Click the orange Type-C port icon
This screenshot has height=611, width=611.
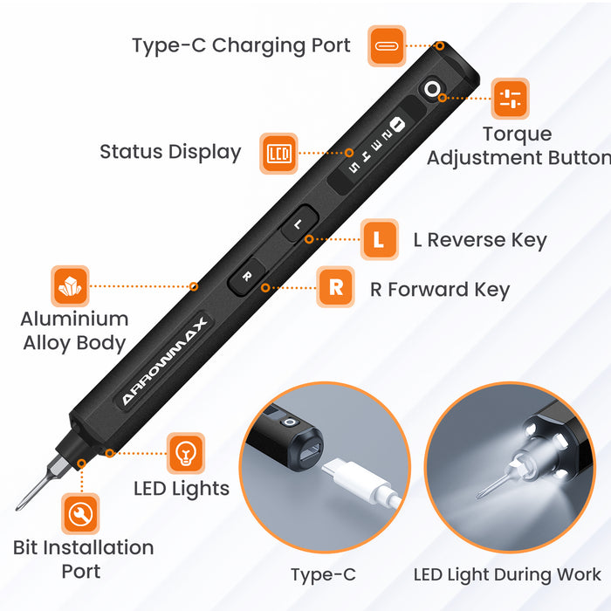click(387, 46)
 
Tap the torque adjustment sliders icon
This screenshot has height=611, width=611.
click(510, 99)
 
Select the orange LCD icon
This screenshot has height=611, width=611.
click(279, 154)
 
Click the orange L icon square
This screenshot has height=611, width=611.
click(379, 239)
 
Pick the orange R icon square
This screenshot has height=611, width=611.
click(335, 287)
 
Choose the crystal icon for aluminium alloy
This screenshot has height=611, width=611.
click(70, 286)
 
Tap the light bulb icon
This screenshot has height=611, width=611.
click(185, 453)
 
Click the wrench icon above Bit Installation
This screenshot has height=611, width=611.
click(80, 514)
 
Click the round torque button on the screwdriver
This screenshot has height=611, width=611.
click(432, 89)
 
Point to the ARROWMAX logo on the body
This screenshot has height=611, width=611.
click(164, 360)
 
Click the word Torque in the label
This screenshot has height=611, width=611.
click(517, 134)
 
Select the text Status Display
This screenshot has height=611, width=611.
click(170, 152)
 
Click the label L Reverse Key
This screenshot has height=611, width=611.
click(480, 240)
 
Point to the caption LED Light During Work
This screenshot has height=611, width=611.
click(507, 574)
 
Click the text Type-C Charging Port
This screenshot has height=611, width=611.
click(241, 45)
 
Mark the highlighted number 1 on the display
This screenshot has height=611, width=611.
click(397, 125)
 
